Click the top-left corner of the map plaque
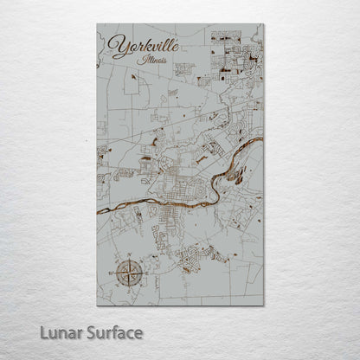97,25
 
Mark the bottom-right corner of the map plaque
264,305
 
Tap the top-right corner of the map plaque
264,25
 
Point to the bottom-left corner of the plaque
97,305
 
